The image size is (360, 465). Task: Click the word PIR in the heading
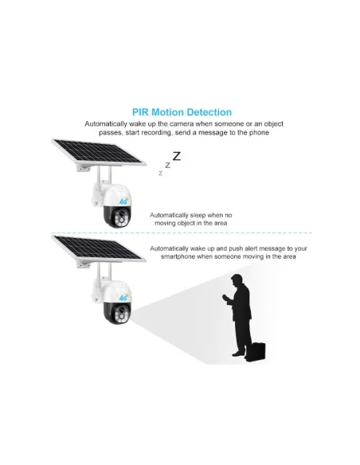click(140, 112)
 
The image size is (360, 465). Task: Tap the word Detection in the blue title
click(209, 112)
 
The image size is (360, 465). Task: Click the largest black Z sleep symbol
click(177, 156)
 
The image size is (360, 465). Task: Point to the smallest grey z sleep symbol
click(160, 174)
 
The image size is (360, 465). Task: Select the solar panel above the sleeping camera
click(99, 152)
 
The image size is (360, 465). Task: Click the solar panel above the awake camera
click(99, 248)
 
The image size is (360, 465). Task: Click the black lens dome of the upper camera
click(117, 216)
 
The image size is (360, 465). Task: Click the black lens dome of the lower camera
click(117, 312)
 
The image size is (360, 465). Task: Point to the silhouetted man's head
click(237, 280)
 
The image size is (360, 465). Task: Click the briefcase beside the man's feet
click(256, 352)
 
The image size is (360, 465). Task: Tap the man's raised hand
click(225, 297)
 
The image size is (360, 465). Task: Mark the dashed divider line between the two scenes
click(182, 232)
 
